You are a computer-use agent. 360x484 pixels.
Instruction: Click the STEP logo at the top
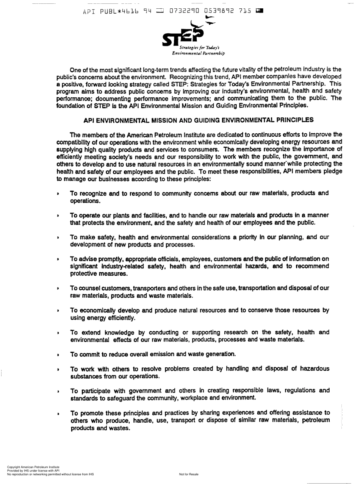click(x=183, y=34)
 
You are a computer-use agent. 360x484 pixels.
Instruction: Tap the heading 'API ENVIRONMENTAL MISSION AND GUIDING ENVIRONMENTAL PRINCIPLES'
click(x=198, y=120)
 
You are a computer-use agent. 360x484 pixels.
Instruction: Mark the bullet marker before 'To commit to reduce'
click(x=58, y=355)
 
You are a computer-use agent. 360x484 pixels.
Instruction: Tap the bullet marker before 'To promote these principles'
click(x=58, y=413)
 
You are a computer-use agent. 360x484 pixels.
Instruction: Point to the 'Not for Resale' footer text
click(x=188, y=474)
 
